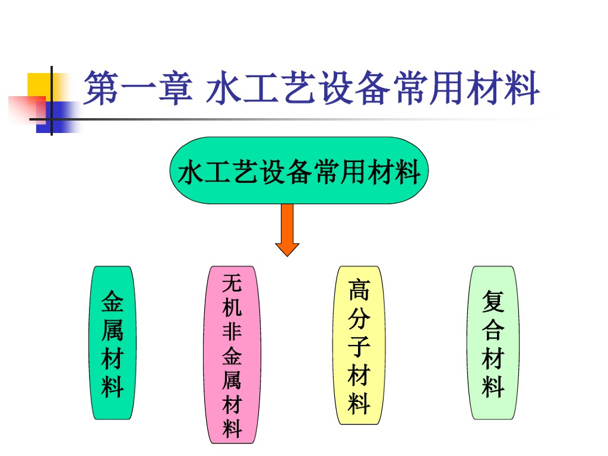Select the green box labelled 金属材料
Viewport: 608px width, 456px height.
pyautogui.click(x=112, y=343)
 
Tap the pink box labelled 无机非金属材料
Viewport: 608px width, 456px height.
pyautogui.click(x=232, y=354)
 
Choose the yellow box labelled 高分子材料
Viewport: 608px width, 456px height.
pyautogui.click(x=359, y=345)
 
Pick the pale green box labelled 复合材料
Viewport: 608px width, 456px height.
pyautogui.click(x=493, y=343)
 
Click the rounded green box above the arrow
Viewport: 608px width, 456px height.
pyautogui.click(x=299, y=171)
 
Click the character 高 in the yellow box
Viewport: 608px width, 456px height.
pyautogui.click(x=359, y=289)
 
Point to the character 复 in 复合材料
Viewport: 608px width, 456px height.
pyautogui.click(x=493, y=302)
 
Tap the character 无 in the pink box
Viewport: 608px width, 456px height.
pyautogui.click(x=232, y=283)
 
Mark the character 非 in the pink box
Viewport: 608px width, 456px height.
pyautogui.click(x=232, y=330)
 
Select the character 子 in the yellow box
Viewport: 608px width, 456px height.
pyautogui.click(x=359, y=346)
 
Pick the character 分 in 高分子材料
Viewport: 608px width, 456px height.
pyautogui.click(x=359, y=318)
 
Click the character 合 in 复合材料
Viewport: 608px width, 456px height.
pyautogui.click(x=493, y=330)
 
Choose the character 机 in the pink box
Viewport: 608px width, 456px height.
pyautogui.click(x=232, y=306)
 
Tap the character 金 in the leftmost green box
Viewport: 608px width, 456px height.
pyautogui.click(x=112, y=302)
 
